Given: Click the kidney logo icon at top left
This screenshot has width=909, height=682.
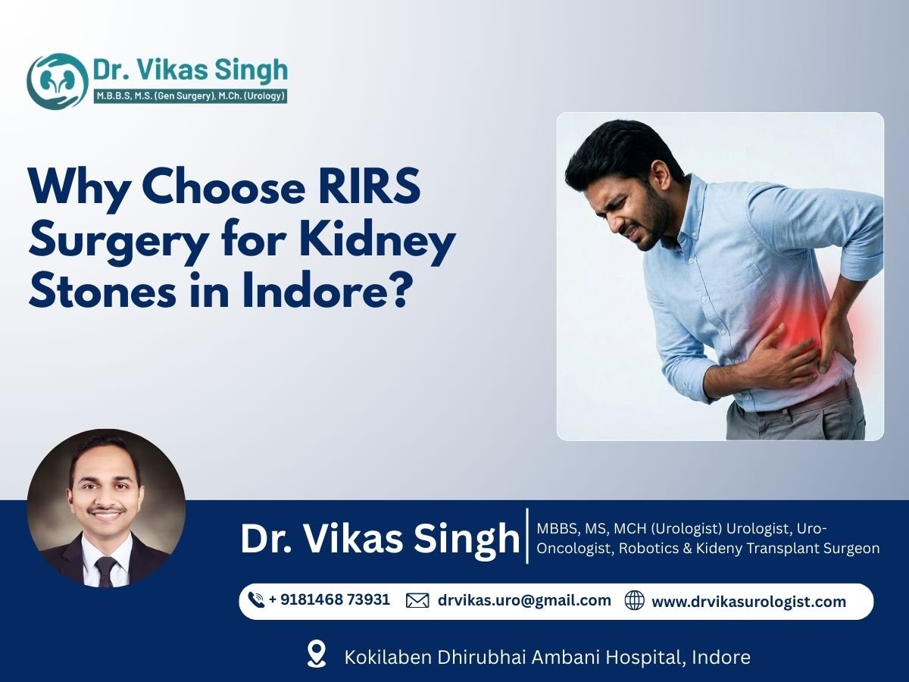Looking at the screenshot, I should tap(57, 80).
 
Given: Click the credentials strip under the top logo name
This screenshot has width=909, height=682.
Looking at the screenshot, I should tap(189, 96).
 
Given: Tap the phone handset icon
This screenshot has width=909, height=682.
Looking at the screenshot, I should tap(256, 600).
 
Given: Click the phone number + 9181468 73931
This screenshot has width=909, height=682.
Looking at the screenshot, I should tap(329, 600).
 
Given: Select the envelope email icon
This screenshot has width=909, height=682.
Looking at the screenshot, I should tap(417, 601).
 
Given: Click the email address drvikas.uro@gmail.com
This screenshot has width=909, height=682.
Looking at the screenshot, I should tap(524, 601).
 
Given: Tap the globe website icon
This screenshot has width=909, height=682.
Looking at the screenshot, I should tap(634, 601).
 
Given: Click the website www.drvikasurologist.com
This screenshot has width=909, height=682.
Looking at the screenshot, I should tap(748, 602).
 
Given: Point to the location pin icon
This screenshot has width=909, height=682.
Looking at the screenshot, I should tap(317, 654).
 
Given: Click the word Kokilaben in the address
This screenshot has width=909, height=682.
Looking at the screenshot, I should tap(389, 656).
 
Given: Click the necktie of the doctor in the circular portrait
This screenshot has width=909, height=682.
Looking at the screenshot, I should tap(105, 565).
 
